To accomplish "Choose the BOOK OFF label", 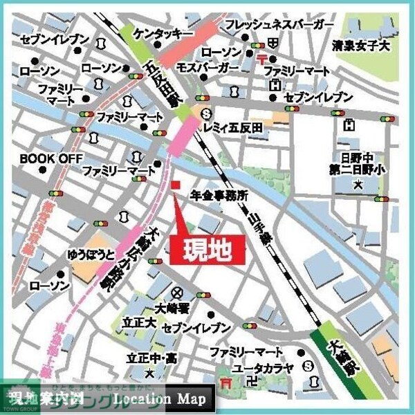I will pos(41,158).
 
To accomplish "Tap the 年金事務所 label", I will pos(219,196).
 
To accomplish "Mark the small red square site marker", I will pos(175,185).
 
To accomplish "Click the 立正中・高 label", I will pos(150,359).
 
